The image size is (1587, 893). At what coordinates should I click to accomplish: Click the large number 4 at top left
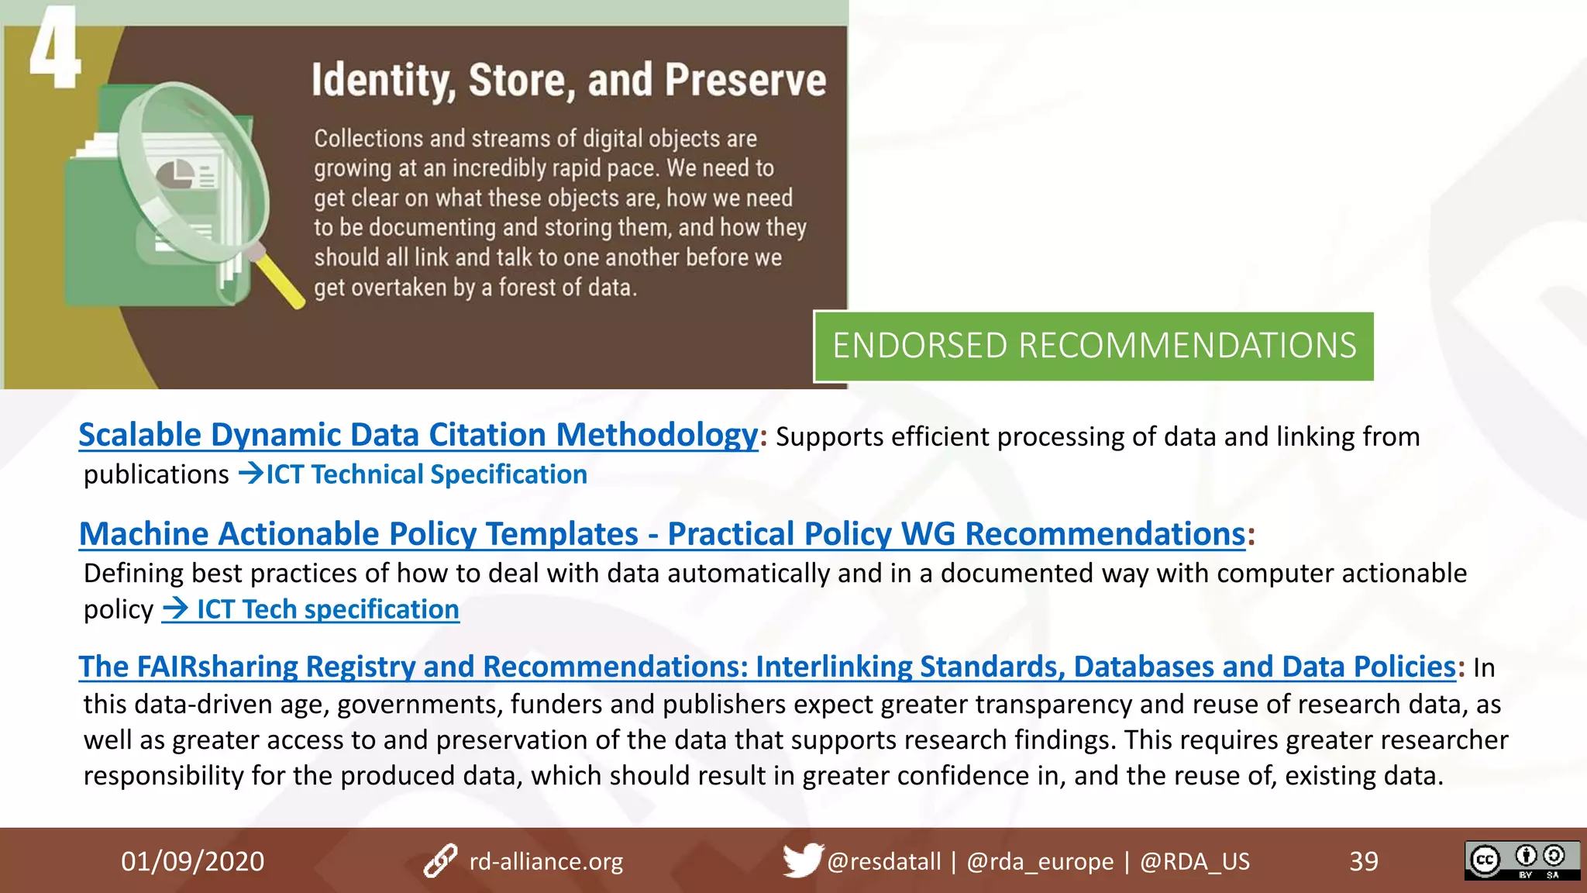point(54,48)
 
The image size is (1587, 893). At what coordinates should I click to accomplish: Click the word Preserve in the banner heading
point(745,81)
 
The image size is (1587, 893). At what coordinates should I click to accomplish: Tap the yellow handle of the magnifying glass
point(280,280)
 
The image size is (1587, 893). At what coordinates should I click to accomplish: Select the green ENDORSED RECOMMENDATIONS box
point(1093,346)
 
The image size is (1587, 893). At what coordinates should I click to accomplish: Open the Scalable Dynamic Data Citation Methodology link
point(418,435)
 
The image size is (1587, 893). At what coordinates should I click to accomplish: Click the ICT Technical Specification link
point(426,474)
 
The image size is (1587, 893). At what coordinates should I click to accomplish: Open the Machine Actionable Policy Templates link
point(662,534)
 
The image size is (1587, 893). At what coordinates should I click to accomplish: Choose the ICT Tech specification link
point(311,609)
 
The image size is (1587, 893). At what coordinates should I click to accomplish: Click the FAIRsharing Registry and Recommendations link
point(766,667)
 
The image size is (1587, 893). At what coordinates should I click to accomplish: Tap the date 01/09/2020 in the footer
point(192,861)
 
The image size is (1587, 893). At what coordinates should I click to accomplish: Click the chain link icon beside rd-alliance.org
point(440,860)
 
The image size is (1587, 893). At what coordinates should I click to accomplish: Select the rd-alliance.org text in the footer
point(546,861)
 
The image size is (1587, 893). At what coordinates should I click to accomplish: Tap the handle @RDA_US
point(1194,861)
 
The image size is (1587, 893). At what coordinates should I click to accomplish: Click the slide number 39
point(1363,861)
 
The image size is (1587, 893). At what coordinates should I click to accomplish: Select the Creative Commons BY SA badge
point(1521,860)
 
